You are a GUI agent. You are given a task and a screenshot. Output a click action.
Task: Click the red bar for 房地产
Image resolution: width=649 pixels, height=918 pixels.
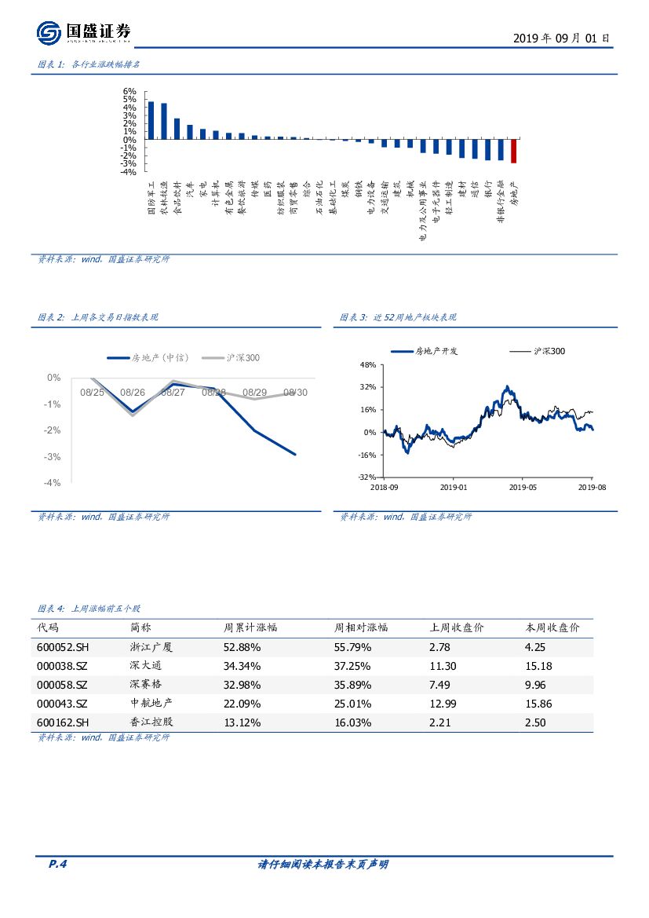click(x=514, y=151)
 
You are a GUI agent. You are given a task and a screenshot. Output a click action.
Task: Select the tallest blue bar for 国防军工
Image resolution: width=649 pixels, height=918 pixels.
click(x=151, y=120)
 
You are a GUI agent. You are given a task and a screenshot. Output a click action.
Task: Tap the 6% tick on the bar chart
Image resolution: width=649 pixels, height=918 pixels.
click(x=130, y=91)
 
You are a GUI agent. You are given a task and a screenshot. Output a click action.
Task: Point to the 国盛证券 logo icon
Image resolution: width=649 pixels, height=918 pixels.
click(x=49, y=33)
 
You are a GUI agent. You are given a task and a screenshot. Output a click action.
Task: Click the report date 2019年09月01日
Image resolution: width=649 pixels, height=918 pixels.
click(x=560, y=38)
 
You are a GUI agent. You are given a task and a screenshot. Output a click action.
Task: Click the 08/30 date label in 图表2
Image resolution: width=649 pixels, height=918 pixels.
click(x=295, y=392)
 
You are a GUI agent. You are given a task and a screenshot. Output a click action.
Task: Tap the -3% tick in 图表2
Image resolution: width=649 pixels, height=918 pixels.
click(x=54, y=457)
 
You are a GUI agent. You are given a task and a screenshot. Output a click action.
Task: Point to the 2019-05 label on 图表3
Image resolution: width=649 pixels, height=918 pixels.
click(x=523, y=488)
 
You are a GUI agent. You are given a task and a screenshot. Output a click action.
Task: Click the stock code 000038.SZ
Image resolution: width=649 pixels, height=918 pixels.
click(x=63, y=666)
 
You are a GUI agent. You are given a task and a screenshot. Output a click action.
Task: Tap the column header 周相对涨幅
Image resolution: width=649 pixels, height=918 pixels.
click(x=361, y=627)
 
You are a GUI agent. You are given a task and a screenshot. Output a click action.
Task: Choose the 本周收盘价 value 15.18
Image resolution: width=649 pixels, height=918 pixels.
click(x=538, y=666)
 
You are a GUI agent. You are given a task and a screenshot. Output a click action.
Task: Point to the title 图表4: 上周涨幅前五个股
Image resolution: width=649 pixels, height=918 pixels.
click(x=89, y=609)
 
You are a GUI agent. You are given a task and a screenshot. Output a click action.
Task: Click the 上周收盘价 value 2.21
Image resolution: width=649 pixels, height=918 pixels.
click(x=440, y=722)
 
